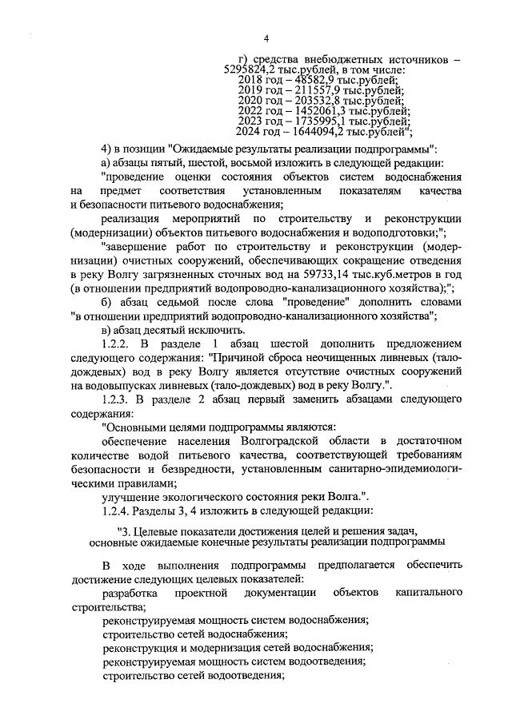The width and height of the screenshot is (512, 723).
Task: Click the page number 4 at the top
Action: [x=266, y=38]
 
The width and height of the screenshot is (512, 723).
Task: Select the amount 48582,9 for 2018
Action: [x=316, y=81]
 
